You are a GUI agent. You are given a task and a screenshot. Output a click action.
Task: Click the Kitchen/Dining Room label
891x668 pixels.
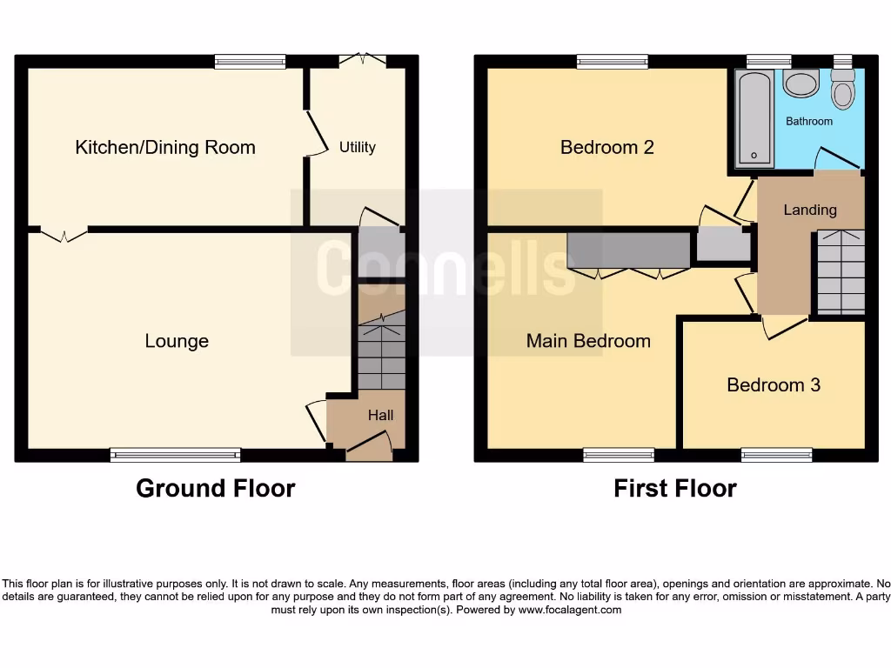click(165, 147)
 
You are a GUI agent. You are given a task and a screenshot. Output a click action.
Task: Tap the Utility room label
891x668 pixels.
click(357, 147)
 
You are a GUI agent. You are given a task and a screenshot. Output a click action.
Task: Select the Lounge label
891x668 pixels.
click(177, 341)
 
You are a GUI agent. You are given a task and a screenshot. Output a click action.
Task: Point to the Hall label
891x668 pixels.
click(380, 415)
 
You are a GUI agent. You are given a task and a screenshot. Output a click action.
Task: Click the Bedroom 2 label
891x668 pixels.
click(606, 147)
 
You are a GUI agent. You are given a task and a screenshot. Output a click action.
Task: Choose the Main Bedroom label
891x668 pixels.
click(588, 341)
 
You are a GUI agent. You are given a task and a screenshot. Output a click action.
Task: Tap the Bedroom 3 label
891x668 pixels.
click(774, 384)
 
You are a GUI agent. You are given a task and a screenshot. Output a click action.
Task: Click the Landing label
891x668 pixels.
click(810, 210)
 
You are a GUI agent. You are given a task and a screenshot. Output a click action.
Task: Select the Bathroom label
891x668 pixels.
click(809, 121)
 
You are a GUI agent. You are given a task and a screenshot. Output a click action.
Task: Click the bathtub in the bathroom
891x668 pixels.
click(754, 119)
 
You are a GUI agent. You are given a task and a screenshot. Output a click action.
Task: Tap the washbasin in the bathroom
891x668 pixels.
click(801, 83)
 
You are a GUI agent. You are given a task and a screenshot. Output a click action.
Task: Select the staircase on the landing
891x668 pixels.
click(841, 271)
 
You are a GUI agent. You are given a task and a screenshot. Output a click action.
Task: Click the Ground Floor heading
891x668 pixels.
click(215, 489)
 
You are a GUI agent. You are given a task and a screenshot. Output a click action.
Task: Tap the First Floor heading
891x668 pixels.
click(674, 489)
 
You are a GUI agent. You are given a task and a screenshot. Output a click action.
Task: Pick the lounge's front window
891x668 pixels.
click(175, 454)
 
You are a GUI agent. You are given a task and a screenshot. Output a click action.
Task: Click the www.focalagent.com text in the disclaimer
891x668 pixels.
click(570, 610)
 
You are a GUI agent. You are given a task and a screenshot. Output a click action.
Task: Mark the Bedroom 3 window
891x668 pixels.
click(776, 454)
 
